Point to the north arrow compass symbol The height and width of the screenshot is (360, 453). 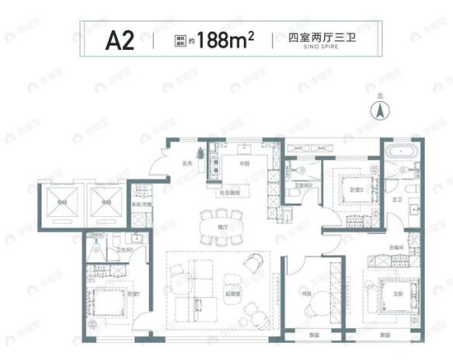380,110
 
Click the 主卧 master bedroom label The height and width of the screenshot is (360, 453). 400,293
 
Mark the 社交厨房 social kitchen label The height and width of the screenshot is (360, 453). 221,191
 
